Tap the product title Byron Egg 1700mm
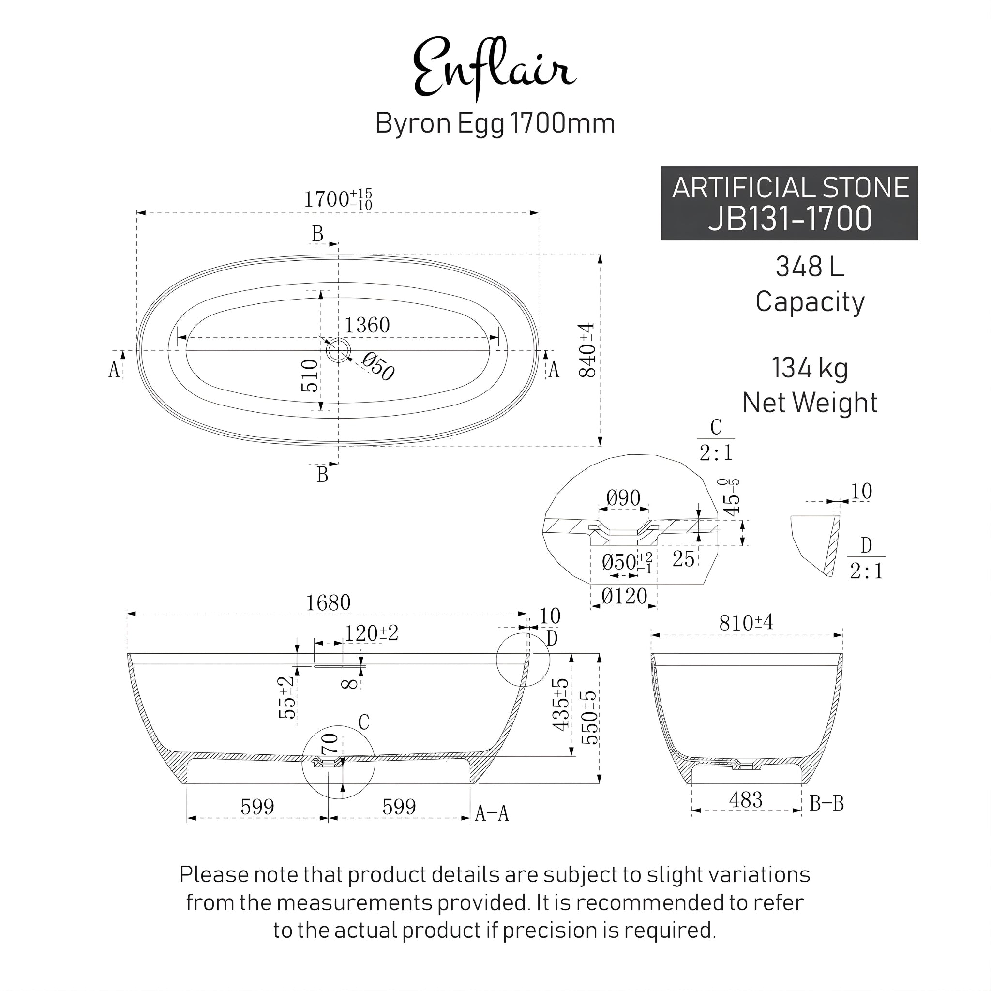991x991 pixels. [495, 123]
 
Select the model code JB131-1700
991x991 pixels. [789, 219]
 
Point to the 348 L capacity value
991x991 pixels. [810, 267]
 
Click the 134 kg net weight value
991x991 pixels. [810, 368]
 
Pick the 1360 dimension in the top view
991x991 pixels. [367, 325]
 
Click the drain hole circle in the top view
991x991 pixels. [338, 350]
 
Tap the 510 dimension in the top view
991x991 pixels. [310, 375]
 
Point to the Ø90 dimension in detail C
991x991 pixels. [623, 498]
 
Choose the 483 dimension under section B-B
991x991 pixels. [746, 800]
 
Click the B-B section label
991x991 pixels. [826, 803]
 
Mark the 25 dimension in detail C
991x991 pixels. [683, 559]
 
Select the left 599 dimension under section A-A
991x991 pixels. [257, 807]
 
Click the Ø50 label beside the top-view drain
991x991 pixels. [378, 367]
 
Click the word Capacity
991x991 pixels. [810, 302]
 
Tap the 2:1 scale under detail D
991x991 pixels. [866, 571]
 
